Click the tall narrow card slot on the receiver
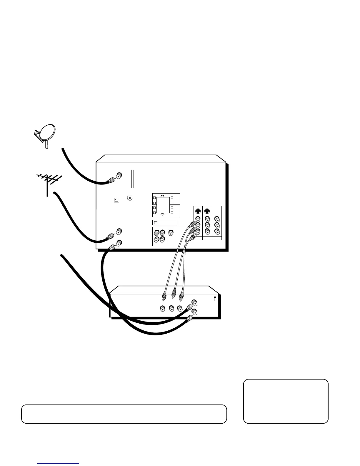coord(132,179)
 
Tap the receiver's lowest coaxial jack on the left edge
coord(119,243)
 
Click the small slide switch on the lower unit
coord(215,299)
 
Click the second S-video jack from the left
coord(207,211)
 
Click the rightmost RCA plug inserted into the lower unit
coord(182,294)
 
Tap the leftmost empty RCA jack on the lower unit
coord(162,309)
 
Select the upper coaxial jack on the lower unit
coord(194,302)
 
